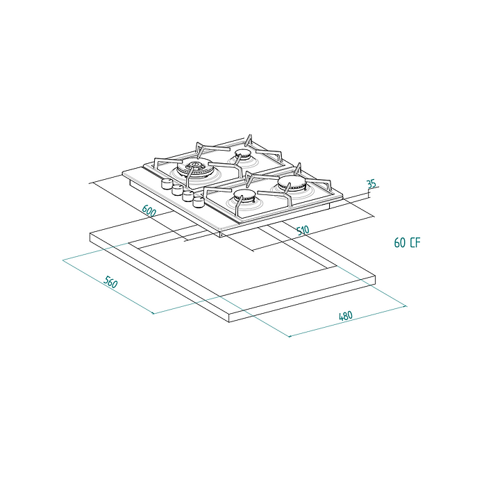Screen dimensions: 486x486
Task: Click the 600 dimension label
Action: coord(149,211)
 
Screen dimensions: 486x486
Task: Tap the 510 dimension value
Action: coord(303,231)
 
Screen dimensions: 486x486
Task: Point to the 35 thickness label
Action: coord(371,184)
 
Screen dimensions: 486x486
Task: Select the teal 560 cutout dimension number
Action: coord(110,282)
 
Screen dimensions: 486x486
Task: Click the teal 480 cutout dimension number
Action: coord(346,316)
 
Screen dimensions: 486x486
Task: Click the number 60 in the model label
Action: coord(400,243)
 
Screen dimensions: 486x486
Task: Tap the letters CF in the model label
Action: coord(415,243)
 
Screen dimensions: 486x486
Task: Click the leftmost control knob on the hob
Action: coord(167,183)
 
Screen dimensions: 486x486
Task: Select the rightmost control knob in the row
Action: coord(198,202)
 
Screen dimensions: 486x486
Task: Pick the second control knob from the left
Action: coord(177,190)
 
